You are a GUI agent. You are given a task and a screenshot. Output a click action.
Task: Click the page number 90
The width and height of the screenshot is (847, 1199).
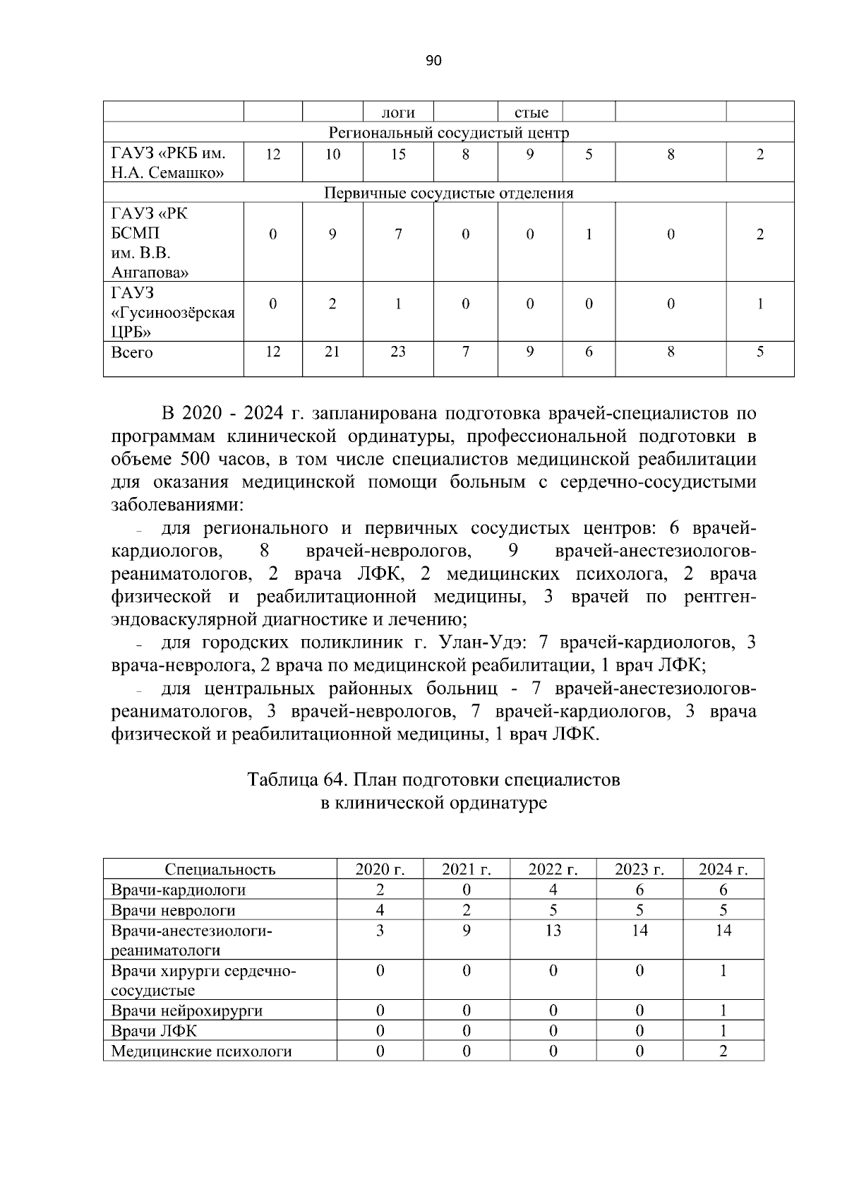[433, 61]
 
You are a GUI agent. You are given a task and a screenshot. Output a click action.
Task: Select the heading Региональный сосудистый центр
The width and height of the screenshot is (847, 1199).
[449, 133]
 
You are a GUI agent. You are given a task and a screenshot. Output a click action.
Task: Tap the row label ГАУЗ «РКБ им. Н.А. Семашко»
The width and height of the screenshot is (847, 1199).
[169, 163]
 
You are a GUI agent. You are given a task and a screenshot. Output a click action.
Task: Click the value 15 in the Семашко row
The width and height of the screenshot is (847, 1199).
[398, 155]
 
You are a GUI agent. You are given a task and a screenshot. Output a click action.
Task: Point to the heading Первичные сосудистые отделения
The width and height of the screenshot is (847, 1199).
[448, 193]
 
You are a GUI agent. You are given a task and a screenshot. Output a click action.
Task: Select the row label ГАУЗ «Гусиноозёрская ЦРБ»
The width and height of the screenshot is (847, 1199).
[173, 312]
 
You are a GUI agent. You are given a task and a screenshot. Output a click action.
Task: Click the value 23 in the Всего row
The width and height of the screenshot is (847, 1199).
[398, 352]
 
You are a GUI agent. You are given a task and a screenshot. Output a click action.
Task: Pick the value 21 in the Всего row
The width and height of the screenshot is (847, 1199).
[332, 352]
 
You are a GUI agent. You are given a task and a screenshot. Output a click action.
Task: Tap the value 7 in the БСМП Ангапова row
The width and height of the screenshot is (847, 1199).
[398, 234]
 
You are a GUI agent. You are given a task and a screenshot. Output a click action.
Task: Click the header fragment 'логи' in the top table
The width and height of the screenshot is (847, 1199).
[397, 113]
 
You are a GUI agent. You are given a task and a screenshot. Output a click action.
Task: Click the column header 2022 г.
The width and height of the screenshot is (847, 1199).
[553, 870]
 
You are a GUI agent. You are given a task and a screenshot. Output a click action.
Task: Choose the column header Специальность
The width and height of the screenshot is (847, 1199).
[220, 870]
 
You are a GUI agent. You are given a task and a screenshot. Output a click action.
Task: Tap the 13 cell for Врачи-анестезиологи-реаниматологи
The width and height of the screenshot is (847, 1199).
[553, 931]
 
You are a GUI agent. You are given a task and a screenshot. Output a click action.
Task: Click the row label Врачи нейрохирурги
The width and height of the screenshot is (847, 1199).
[187, 1011]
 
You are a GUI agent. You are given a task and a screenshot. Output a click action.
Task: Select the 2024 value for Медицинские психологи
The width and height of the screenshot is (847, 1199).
[723, 1051]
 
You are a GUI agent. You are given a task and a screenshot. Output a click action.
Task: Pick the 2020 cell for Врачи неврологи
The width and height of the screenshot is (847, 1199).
[380, 911]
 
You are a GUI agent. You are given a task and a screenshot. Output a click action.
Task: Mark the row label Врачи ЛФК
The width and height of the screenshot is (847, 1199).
[155, 1031]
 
